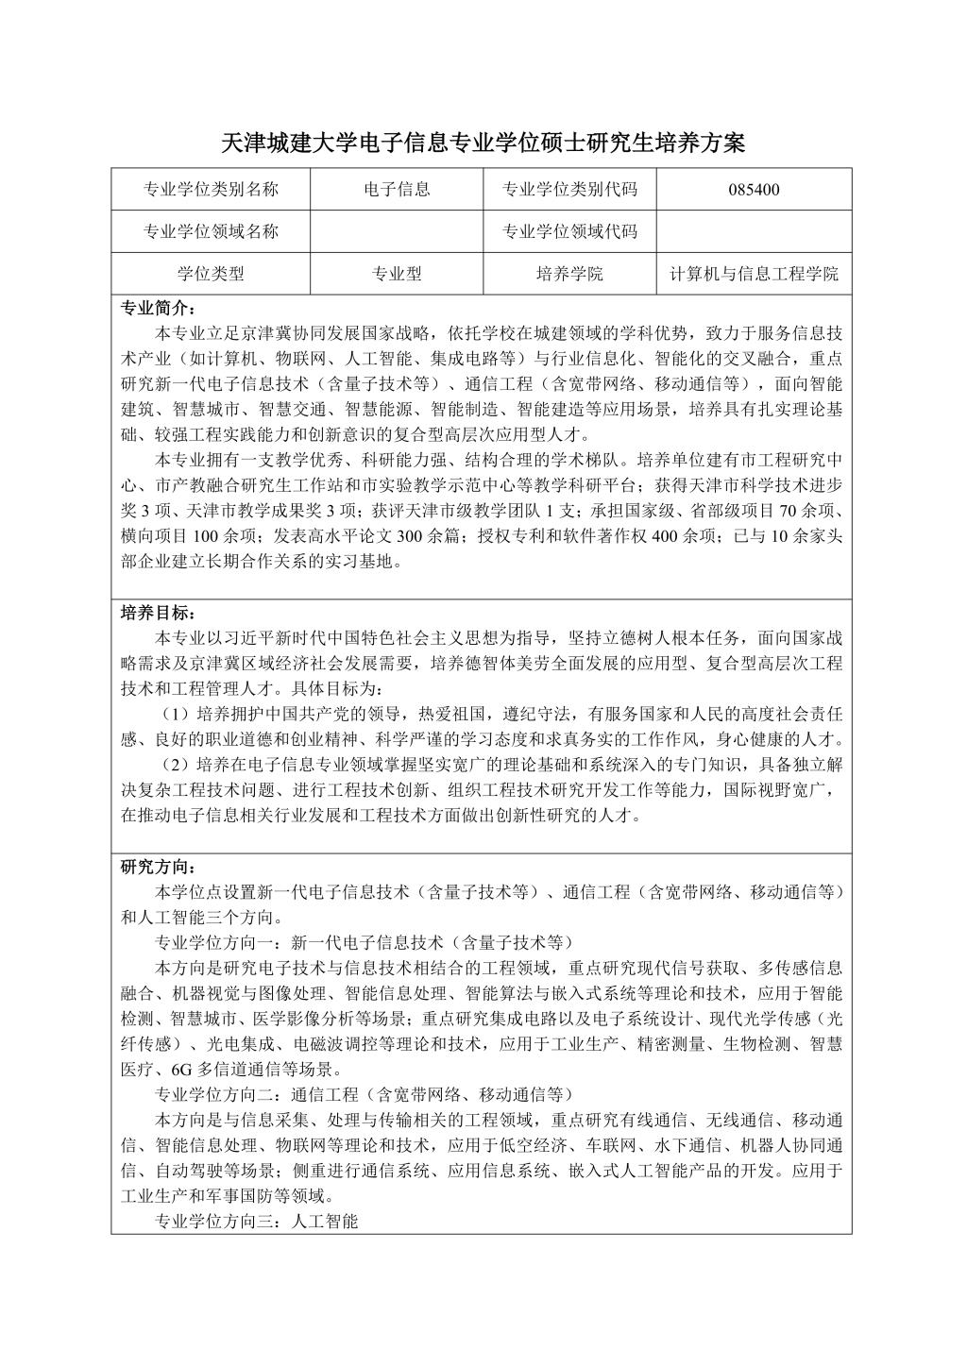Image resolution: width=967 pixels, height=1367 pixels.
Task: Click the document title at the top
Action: (x=483, y=143)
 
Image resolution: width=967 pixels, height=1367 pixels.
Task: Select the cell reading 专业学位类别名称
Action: (x=211, y=189)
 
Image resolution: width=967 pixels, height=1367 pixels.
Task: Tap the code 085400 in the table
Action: (x=754, y=189)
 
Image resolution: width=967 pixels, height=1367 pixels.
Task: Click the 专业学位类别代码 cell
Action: (x=569, y=189)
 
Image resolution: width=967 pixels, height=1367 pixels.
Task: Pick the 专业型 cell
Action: (x=397, y=275)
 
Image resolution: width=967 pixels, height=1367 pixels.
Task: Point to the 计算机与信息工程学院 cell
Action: (x=754, y=275)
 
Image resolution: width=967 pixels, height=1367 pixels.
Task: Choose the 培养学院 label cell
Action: (x=569, y=275)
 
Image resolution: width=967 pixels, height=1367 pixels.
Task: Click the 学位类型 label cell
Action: (x=211, y=275)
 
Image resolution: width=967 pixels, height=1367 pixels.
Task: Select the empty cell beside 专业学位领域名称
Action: (x=397, y=231)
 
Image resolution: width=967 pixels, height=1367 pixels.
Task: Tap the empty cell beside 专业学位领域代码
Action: (x=754, y=231)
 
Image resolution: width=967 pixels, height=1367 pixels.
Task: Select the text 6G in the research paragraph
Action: (x=182, y=1070)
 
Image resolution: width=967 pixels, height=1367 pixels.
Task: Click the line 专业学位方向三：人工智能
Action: (x=257, y=1222)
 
